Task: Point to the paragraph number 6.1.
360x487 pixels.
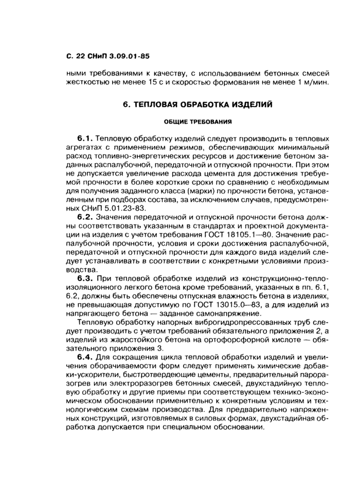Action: pyautogui.click(x=84, y=139)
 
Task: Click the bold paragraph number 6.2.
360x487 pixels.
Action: pyautogui.click(x=84, y=217)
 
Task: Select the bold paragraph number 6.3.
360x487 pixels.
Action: pyautogui.click(x=84, y=278)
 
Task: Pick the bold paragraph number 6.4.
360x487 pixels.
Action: pyautogui.click(x=84, y=356)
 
